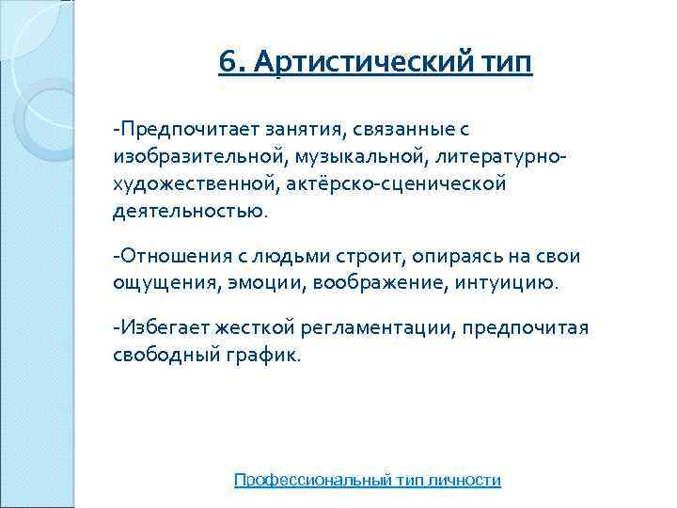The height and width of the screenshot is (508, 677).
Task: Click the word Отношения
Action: tap(172, 256)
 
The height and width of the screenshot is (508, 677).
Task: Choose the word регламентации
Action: tap(377, 328)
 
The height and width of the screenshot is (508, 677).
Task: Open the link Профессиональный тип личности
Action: tap(367, 480)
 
